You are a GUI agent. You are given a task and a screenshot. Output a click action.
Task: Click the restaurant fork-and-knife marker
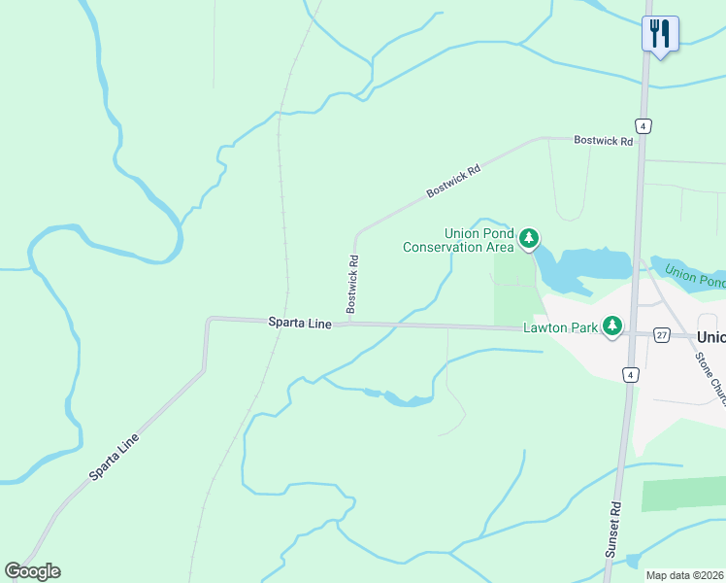pos(660,35)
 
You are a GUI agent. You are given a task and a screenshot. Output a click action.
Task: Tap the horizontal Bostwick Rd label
pos(603,141)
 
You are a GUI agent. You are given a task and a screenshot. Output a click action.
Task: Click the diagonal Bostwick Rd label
pos(453,183)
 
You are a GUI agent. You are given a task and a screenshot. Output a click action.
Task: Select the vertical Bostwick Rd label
pos(354,276)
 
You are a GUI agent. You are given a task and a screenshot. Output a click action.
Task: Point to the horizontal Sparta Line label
pos(300,321)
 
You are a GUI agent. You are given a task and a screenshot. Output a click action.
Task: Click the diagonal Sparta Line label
pos(115,457)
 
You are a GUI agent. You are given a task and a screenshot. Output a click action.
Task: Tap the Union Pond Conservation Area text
pos(457,240)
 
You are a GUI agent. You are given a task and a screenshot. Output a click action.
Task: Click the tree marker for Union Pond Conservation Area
pos(528,238)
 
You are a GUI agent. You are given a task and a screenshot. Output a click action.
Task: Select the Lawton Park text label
pos(560,327)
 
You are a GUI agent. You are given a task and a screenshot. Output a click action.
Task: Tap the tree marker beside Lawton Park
pos(611,326)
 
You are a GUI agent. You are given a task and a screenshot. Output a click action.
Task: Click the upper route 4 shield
pos(643,126)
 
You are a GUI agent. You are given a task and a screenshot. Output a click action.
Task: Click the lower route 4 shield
pos(630,375)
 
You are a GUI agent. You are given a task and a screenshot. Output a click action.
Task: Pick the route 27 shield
pos(662,334)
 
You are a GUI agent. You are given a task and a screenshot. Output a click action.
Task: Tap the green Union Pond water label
pos(695,276)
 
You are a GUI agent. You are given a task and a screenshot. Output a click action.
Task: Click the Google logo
pos(32,571)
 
